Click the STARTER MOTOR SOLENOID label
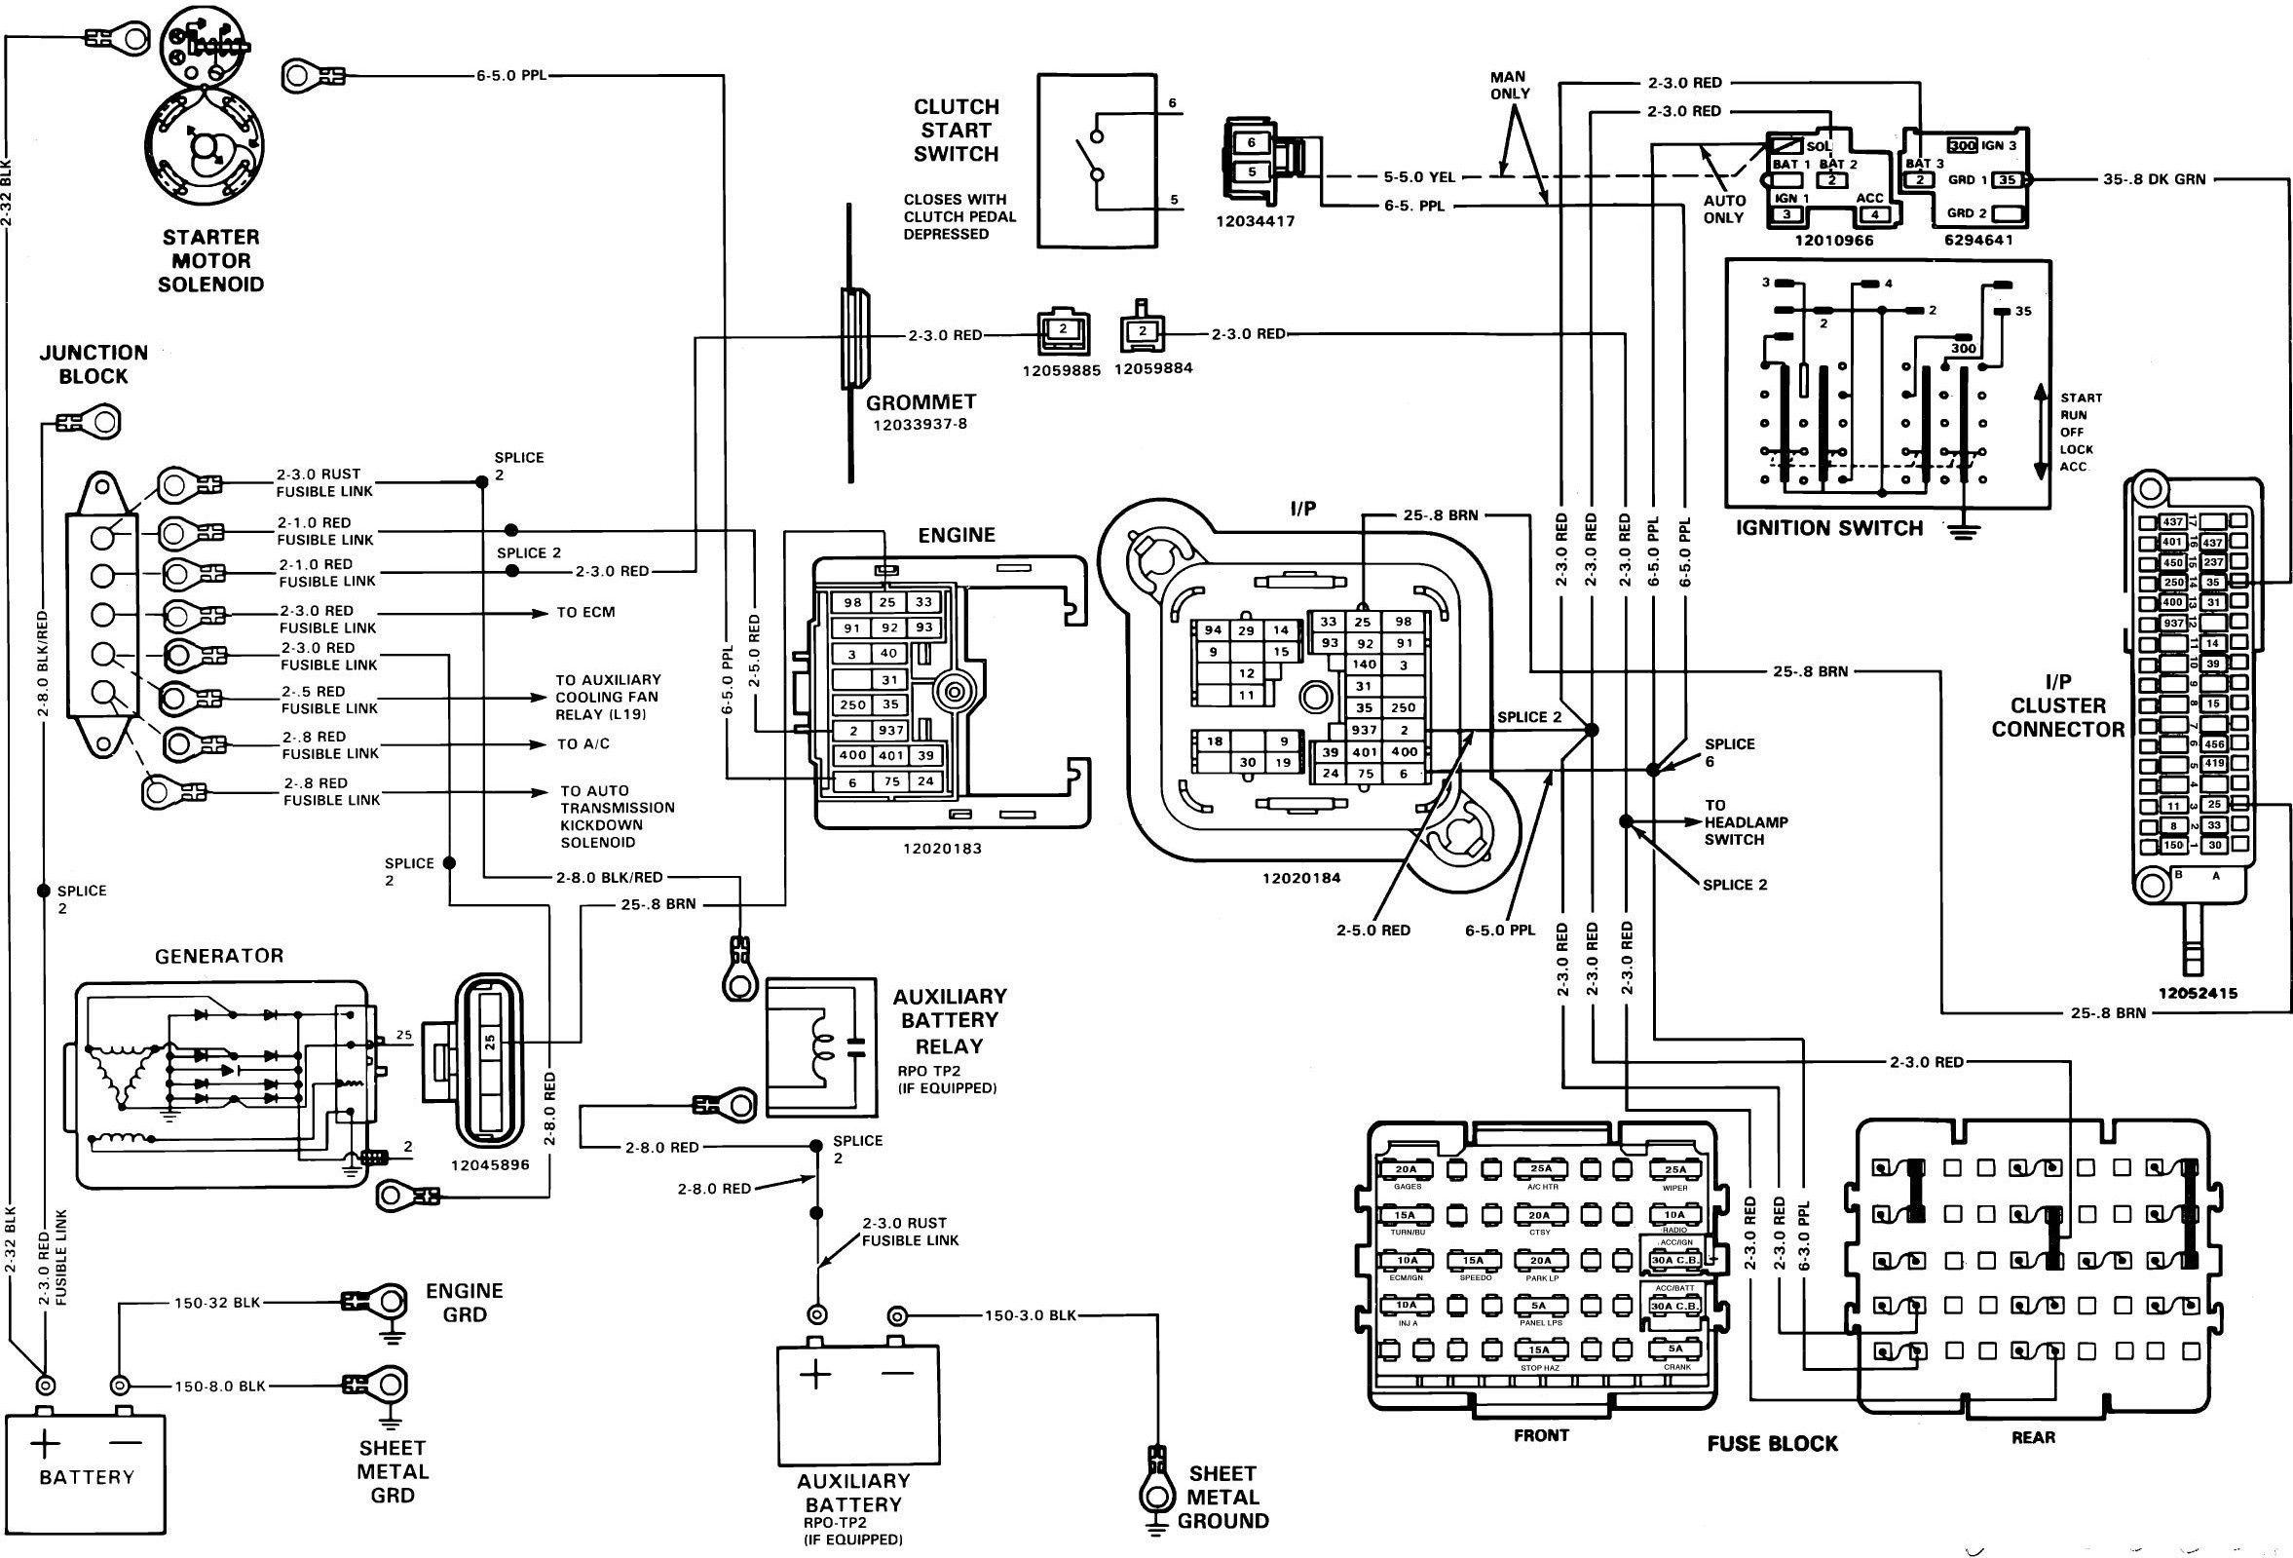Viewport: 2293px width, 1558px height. click(211, 260)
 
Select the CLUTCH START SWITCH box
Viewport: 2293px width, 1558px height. click(1096, 160)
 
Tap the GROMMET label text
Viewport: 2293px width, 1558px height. click(921, 401)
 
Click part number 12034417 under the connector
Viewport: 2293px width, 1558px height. click(1255, 221)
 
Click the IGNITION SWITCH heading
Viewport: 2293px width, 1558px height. click(1829, 528)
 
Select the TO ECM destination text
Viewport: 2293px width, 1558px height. click(585, 613)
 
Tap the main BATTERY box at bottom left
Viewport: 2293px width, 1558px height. click(86, 1473)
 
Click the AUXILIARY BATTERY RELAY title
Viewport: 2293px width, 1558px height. click(949, 1020)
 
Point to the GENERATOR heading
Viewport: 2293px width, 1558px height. click(219, 955)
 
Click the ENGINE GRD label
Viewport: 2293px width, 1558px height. click(464, 1302)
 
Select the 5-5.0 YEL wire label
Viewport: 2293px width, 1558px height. click(1419, 177)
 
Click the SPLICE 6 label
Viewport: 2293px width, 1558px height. click(1729, 752)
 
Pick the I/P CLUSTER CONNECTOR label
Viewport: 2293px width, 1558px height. click(2057, 705)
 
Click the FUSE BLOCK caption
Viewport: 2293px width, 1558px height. click(1772, 1444)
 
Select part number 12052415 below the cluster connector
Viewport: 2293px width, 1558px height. click(2198, 994)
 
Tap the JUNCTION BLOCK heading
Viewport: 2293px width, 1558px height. click(93, 364)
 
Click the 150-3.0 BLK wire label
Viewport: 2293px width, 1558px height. click(1030, 1315)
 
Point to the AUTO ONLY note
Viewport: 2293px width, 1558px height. click(1724, 209)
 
